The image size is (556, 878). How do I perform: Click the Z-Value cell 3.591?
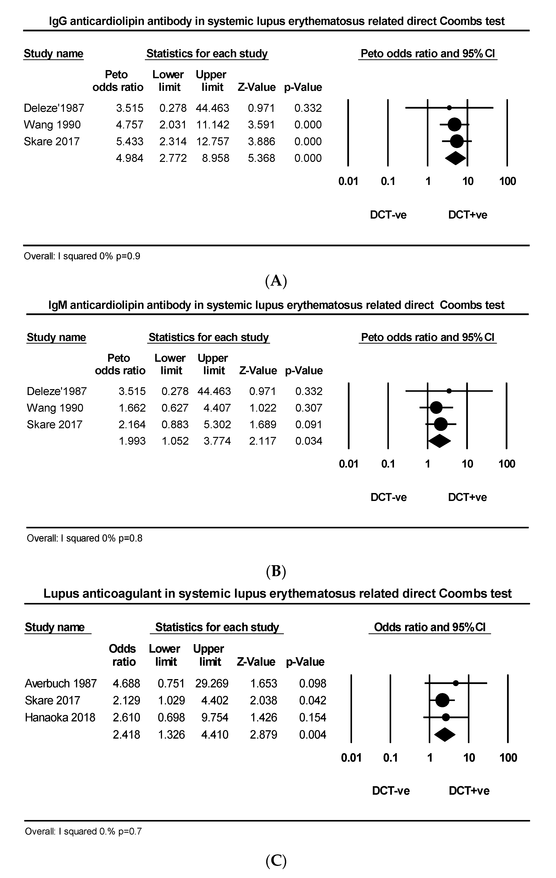(261, 125)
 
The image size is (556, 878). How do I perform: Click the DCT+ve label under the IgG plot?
(468, 215)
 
